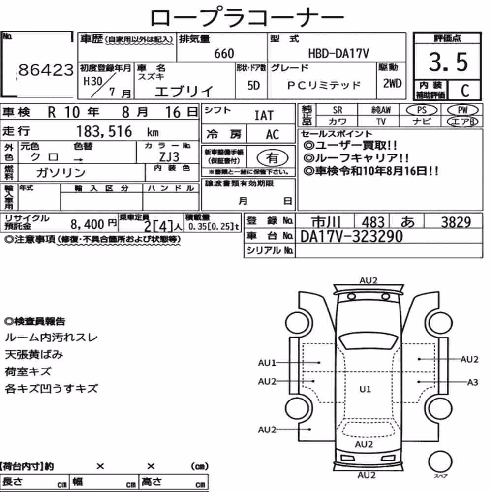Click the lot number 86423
46,70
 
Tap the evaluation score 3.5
448,62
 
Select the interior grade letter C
465,91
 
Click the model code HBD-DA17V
338,53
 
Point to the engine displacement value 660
224,53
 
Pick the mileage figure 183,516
104,131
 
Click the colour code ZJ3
169,156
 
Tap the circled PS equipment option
422,110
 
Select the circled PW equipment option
462,110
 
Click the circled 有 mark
273,158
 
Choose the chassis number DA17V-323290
351,236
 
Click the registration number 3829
456,222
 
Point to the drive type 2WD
392,84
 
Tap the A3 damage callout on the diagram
472,382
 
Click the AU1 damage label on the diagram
267,363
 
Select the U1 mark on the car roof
365,389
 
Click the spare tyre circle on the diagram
440,462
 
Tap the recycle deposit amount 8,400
87,224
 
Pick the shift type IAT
264,116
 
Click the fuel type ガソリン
61,172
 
